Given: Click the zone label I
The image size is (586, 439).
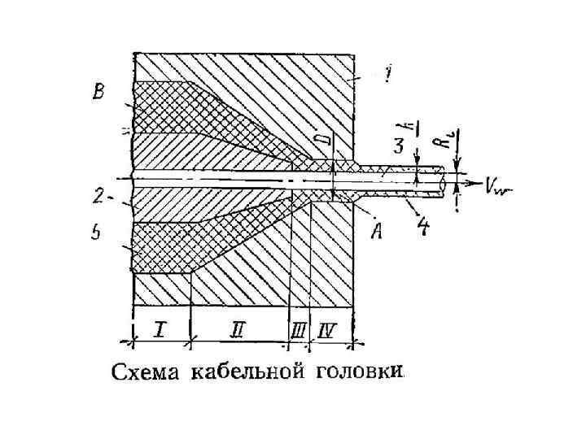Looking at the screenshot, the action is click(160, 328).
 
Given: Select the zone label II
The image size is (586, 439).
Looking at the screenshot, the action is click(238, 329).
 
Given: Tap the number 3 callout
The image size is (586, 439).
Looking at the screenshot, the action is click(398, 146).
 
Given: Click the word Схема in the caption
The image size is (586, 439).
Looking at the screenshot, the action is click(145, 373).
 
